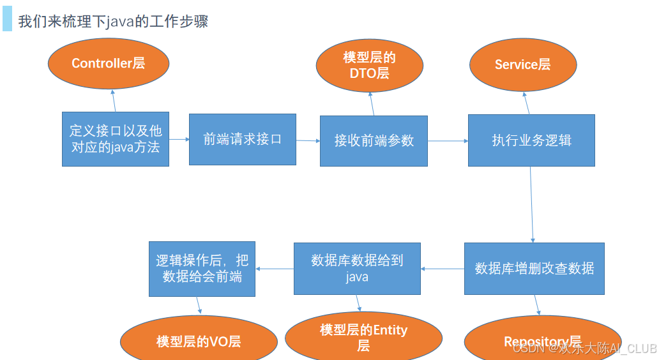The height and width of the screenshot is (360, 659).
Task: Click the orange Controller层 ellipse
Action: click(109, 63)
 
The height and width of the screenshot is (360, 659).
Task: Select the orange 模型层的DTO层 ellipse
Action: click(370, 66)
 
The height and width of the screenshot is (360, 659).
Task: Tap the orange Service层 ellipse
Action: click(523, 64)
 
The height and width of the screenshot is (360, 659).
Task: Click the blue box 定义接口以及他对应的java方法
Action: click(116, 139)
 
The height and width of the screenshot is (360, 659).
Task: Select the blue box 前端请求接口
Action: click(243, 139)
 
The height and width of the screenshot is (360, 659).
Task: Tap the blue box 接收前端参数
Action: click(374, 140)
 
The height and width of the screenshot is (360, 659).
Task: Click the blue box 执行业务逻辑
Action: click(531, 140)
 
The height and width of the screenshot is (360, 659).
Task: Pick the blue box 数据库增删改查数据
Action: click(534, 269)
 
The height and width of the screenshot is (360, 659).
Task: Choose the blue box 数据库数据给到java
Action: click(357, 269)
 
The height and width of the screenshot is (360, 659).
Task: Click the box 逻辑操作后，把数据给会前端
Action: click(202, 269)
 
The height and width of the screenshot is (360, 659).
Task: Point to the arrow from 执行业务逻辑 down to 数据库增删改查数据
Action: click(532, 204)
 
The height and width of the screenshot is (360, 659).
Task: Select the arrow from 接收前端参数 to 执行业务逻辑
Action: click(448, 140)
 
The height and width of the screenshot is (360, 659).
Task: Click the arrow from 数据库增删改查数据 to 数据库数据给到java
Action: click(442, 269)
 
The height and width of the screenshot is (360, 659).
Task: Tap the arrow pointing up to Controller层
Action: click(114, 100)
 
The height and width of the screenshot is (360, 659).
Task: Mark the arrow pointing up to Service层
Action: click(526, 103)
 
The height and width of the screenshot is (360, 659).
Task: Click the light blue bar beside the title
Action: click(7, 19)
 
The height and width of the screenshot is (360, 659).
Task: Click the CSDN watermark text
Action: click(584, 348)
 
